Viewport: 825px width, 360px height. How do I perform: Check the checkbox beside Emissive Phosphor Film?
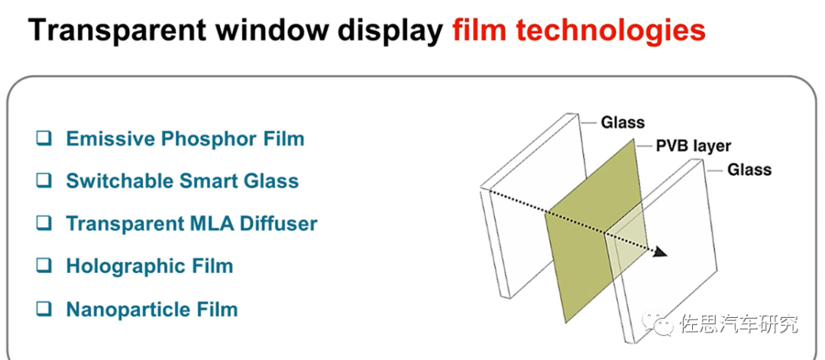click(44, 139)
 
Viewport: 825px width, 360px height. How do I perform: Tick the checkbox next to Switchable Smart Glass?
click(44, 181)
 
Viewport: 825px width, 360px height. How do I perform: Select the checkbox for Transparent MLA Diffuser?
click(44, 224)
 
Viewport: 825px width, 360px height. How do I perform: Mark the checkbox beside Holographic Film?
click(44, 266)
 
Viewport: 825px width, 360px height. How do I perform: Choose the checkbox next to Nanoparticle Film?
click(44, 310)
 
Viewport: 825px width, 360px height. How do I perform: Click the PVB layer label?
click(694, 146)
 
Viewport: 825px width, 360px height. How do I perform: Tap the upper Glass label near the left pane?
click(623, 122)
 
